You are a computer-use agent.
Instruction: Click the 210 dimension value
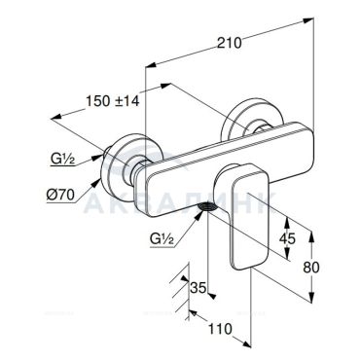coord(230,43)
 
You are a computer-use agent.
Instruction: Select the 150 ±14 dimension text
coord(112,101)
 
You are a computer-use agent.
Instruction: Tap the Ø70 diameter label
coord(60,195)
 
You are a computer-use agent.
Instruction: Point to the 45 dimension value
coord(287,239)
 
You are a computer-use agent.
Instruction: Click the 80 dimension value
coord(311,268)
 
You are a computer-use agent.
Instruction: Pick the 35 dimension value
coord(198,287)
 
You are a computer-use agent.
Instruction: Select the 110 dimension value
coord(221,329)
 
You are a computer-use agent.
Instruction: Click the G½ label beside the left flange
coord(63,159)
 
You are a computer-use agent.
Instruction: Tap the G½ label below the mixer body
coord(162,239)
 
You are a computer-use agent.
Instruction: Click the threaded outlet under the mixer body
coord(207,207)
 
